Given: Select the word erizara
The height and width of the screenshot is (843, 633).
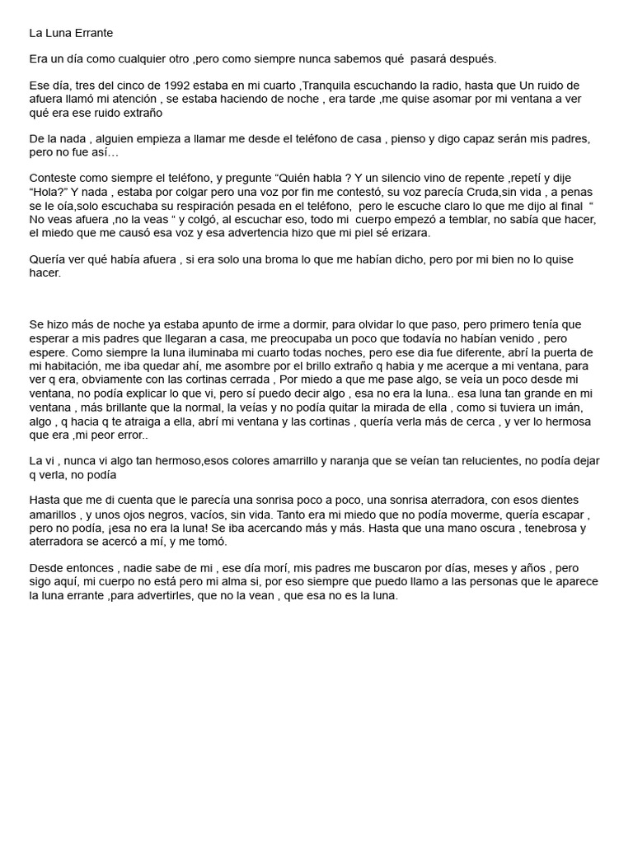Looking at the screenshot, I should point(405,233).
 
